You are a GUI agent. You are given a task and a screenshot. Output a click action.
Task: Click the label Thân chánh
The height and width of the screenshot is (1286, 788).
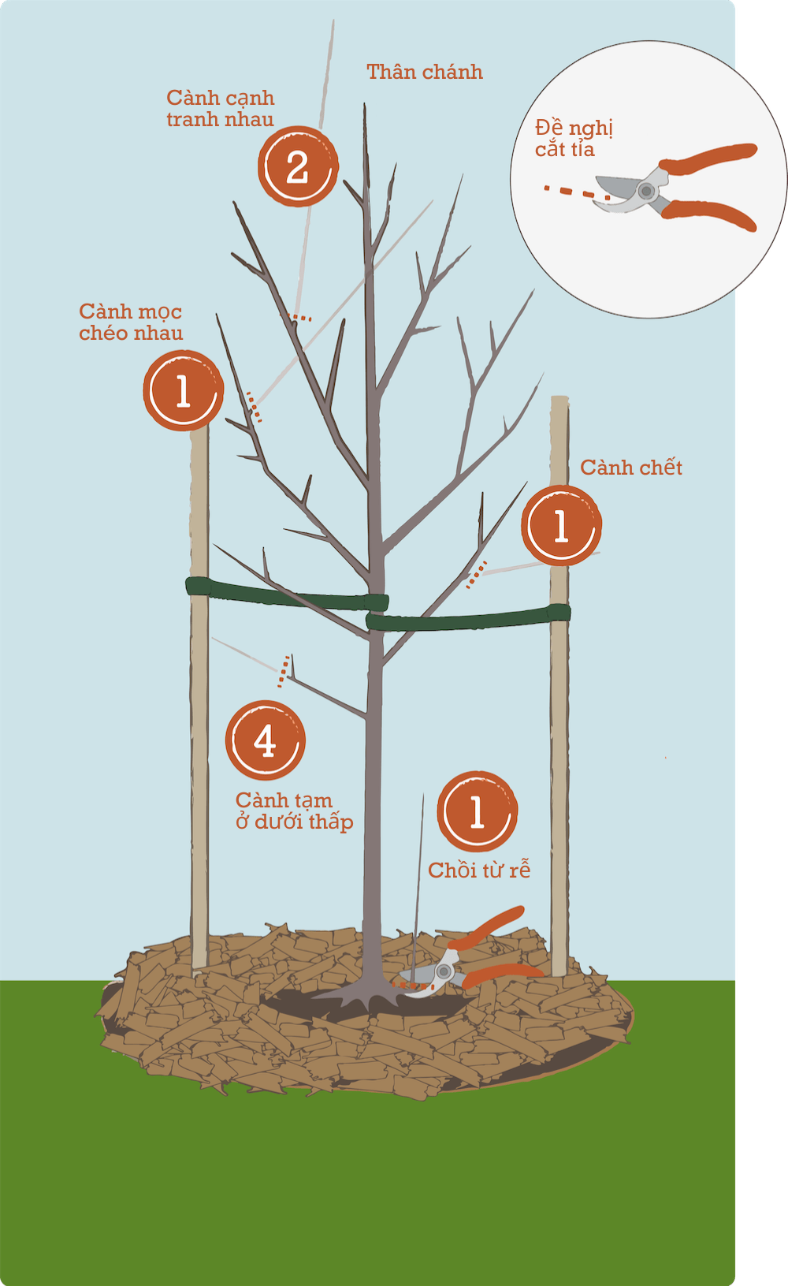(x=424, y=73)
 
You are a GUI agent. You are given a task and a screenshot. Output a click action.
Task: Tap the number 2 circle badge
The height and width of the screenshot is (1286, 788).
(x=298, y=167)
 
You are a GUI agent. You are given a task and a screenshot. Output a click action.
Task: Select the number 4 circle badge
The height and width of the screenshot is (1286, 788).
(x=266, y=740)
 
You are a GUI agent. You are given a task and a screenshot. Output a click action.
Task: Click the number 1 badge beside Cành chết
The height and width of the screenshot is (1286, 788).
(x=561, y=525)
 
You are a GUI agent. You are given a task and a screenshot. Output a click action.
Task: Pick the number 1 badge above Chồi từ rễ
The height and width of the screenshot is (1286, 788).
(x=477, y=811)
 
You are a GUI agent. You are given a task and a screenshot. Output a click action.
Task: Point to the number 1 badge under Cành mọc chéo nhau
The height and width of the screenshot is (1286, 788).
(x=183, y=390)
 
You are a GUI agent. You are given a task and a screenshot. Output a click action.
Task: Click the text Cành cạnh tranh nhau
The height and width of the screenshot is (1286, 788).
(x=220, y=109)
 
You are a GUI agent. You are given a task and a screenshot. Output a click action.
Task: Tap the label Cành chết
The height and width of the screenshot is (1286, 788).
(x=630, y=468)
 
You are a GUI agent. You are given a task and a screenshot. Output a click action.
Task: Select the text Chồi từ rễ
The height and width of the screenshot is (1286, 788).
(x=478, y=870)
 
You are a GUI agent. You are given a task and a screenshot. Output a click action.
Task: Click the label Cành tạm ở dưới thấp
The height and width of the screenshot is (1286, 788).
(x=293, y=811)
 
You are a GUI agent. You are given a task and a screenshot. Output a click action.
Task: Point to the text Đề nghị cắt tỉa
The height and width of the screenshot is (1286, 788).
(x=573, y=139)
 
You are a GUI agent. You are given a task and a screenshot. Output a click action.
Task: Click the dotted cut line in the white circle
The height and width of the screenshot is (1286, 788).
(x=575, y=192)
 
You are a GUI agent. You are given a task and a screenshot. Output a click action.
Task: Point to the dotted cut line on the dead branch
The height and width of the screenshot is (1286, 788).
(x=475, y=576)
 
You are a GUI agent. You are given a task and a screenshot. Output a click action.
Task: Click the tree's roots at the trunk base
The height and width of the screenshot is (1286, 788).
(x=366, y=997)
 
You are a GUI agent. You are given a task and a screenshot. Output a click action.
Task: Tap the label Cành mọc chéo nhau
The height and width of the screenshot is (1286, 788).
(x=131, y=322)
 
